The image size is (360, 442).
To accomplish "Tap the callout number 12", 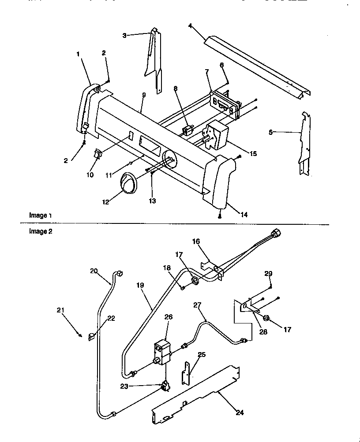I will (105, 202).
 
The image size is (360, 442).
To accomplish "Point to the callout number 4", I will (190, 26).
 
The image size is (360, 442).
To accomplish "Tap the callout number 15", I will (253, 153).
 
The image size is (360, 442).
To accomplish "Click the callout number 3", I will (125, 35).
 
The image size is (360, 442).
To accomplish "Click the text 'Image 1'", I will (41, 215).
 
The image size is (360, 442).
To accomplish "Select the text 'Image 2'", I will (41, 232).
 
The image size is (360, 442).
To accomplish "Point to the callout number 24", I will (240, 413).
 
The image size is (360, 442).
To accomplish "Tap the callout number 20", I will (94, 271).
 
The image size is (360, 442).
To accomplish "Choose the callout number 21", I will (61, 310).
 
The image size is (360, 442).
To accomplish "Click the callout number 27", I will (197, 304).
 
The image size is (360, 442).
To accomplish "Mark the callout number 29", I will (269, 274).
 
